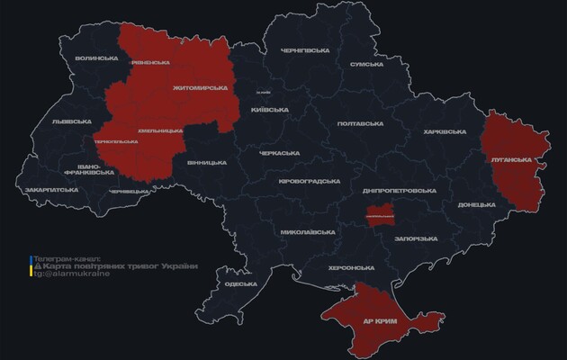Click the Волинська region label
(x=97, y=58)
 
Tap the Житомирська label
(x=194, y=88)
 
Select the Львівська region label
(x=71, y=121)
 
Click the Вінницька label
(x=206, y=163)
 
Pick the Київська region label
(x=269, y=109)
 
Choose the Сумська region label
(x=367, y=64)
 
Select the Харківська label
(x=445, y=132)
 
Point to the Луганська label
(x=511, y=159)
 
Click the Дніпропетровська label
(x=399, y=191)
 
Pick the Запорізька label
(x=417, y=238)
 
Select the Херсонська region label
(x=352, y=267)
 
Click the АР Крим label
(x=381, y=319)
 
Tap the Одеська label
(x=240, y=283)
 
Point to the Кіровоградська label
(x=309, y=181)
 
